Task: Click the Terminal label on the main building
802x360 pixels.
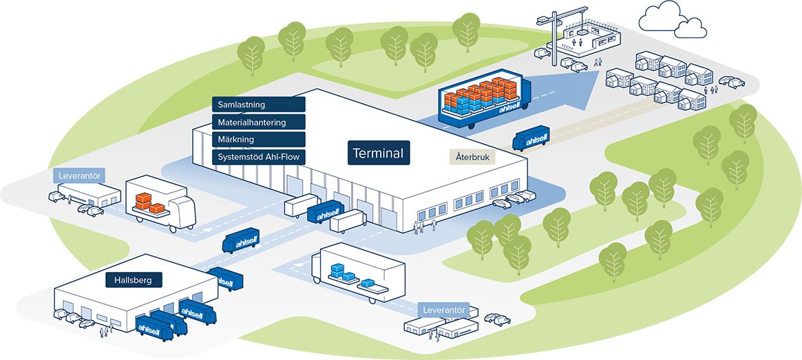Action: click(379, 153)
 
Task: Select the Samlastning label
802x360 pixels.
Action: click(258, 105)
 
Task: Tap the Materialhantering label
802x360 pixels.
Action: click(258, 123)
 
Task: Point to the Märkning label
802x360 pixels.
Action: click(258, 140)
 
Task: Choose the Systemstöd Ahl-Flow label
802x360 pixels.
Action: click(258, 157)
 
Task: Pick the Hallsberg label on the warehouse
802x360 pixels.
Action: click(134, 280)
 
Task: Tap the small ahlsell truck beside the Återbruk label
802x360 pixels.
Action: click(530, 140)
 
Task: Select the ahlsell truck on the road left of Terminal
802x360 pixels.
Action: click(241, 242)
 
